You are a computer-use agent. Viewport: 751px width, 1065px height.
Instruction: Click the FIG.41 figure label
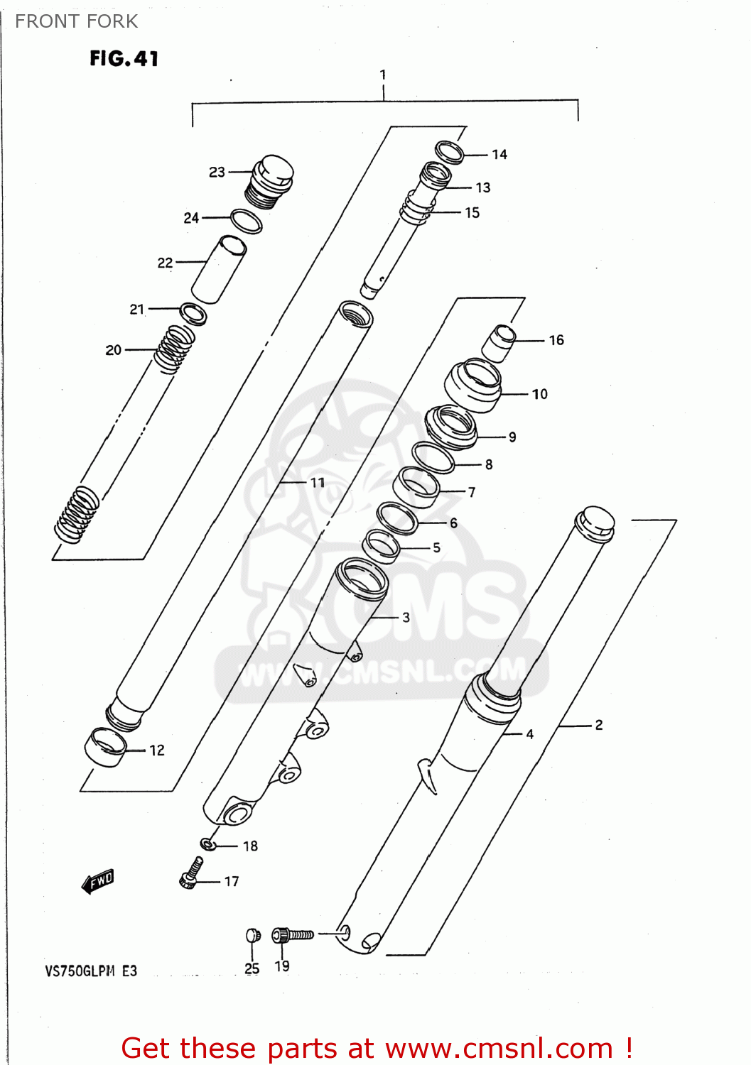tap(124, 58)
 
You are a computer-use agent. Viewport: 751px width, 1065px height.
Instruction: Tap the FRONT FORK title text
tap(76, 21)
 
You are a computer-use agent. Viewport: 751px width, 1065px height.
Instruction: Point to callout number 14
tap(499, 155)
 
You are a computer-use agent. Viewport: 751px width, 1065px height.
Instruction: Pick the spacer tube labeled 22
tap(219, 270)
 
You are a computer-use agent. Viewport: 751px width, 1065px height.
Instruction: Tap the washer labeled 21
tap(193, 312)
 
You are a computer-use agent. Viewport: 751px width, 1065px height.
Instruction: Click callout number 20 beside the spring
tap(114, 350)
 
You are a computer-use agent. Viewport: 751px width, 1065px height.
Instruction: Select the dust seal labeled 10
tap(472, 386)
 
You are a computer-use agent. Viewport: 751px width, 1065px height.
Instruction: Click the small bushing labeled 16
tap(499, 342)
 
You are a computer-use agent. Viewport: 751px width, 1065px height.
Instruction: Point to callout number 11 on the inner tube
tap(318, 483)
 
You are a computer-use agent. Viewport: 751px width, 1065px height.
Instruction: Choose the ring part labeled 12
tap(105, 748)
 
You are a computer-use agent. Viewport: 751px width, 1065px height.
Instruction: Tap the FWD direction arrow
tap(98, 881)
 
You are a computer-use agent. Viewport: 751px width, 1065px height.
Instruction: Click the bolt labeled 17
tap(191, 873)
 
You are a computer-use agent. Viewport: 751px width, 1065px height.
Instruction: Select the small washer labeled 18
tap(207, 844)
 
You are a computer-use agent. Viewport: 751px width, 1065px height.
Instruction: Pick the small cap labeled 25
tap(252, 935)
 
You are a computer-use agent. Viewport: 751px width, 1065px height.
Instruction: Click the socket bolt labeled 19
tap(292, 935)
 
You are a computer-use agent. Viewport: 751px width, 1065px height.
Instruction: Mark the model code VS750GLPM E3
tap(91, 971)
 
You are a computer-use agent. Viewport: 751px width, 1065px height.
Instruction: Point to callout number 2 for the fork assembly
tap(599, 725)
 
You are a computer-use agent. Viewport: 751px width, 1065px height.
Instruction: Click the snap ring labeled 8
tap(433, 457)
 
